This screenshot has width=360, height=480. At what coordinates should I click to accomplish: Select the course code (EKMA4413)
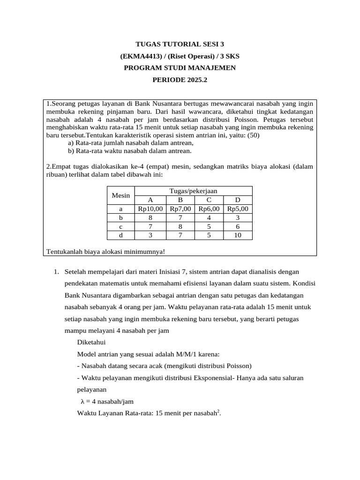click(139, 56)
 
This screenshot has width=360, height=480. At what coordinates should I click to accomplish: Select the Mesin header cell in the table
click(120, 195)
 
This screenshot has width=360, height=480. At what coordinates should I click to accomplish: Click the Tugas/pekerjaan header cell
click(194, 191)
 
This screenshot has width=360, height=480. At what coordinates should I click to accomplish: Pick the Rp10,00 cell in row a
click(150, 209)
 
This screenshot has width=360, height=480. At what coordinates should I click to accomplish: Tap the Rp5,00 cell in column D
click(238, 209)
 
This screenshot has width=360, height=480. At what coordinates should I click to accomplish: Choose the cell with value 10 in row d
click(238, 235)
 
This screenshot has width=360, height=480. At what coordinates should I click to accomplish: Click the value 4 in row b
click(209, 218)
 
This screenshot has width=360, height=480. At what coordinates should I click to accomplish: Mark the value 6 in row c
click(238, 226)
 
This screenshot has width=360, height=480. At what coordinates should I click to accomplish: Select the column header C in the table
click(209, 200)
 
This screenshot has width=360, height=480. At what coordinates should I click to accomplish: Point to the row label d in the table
click(120, 235)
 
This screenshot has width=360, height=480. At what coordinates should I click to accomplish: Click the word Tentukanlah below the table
click(64, 252)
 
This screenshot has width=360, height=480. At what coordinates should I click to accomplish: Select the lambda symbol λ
click(82, 401)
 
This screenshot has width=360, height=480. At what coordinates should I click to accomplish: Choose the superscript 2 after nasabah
click(218, 411)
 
